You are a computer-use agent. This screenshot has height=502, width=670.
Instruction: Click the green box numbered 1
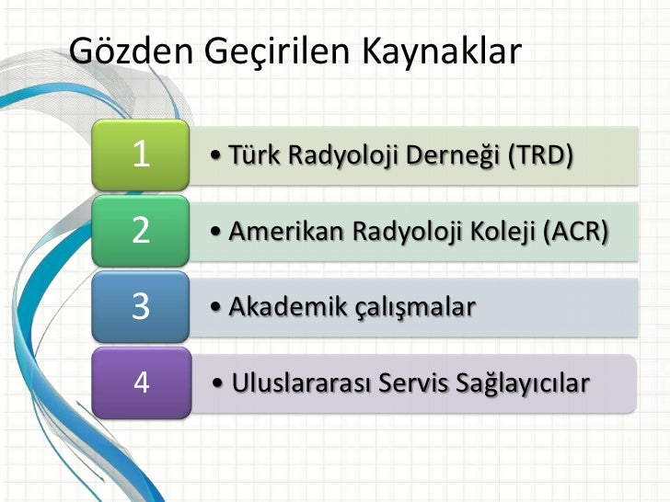tap(141, 154)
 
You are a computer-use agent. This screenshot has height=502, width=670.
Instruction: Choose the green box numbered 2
tap(141, 230)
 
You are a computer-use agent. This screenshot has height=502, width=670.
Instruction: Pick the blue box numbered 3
tap(141, 305)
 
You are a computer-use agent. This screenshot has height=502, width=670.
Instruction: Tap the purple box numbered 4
tap(141, 381)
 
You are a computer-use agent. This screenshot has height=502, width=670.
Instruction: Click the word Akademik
tap(280, 306)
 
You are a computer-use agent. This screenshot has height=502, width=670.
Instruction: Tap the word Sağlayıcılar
tap(521, 382)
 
